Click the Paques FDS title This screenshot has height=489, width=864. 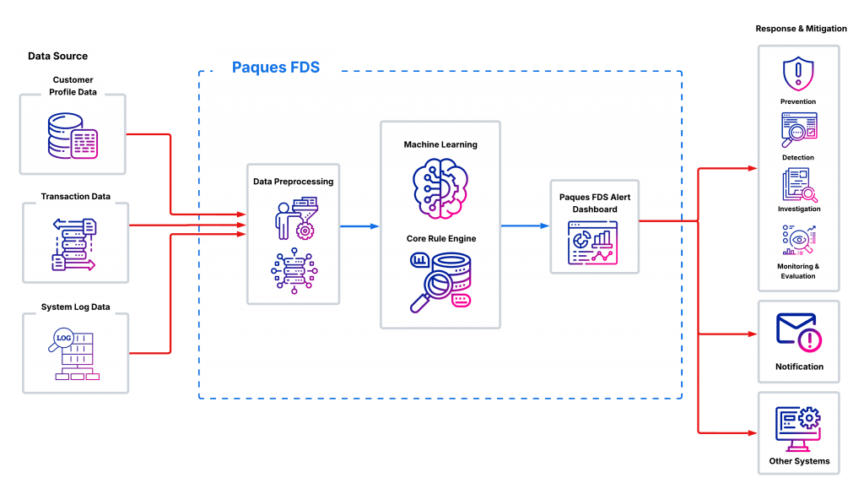[276, 67]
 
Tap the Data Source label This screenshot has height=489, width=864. [57, 57]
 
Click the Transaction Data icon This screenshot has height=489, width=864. [74, 245]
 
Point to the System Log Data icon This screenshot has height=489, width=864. [75, 355]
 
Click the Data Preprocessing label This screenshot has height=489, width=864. [293, 182]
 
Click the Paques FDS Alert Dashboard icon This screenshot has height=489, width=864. [594, 244]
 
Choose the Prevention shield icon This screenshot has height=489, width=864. [797, 74]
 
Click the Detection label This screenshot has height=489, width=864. [798, 158]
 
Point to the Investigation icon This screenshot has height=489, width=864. [798, 184]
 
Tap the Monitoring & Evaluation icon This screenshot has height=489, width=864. [798, 242]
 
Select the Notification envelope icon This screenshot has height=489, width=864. [799, 332]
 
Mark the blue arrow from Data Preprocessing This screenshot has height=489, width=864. [359, 226]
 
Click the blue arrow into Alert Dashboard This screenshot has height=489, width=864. [525, 226]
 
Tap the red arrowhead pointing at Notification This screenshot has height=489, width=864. [753, 334]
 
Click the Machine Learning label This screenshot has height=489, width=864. [440, 145]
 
